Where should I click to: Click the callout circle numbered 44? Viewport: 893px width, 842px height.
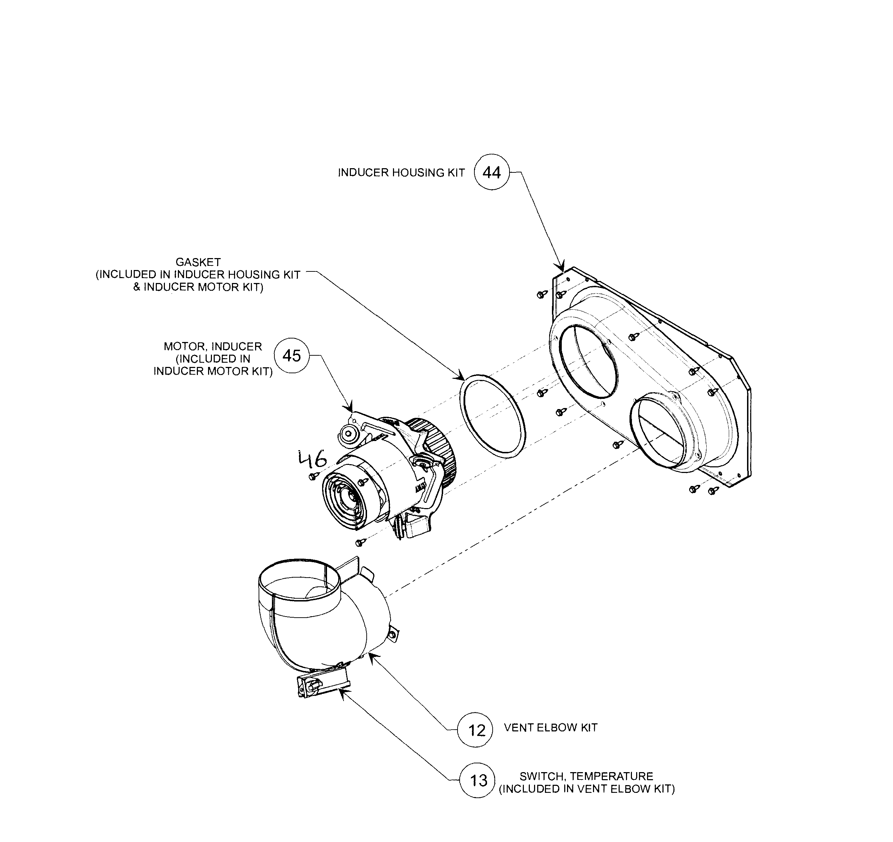point(492,172)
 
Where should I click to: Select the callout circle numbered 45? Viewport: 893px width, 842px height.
point(292,356)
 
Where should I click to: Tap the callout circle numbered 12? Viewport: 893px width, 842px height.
point(475,730)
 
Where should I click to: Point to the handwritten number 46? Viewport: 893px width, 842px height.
point(313,459)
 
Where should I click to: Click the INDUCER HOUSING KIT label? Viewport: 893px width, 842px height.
point(401,173)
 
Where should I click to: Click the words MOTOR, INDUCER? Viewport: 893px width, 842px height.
point(213,347)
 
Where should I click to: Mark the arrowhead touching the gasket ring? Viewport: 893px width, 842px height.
point(461,377)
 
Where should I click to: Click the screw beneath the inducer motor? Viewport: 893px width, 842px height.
point(359,542)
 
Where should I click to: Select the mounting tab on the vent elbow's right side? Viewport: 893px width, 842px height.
point(393,633)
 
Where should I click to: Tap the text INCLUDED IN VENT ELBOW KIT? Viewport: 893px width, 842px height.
point(587,789)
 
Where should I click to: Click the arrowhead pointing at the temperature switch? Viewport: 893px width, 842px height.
point(341,693)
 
